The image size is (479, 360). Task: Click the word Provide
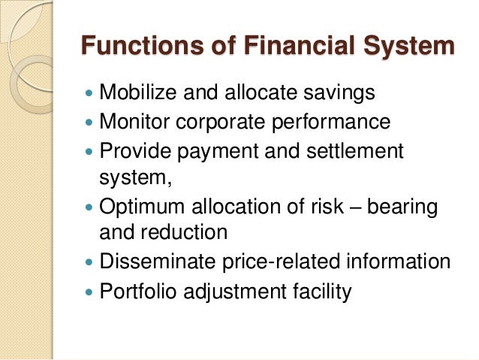130,150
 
